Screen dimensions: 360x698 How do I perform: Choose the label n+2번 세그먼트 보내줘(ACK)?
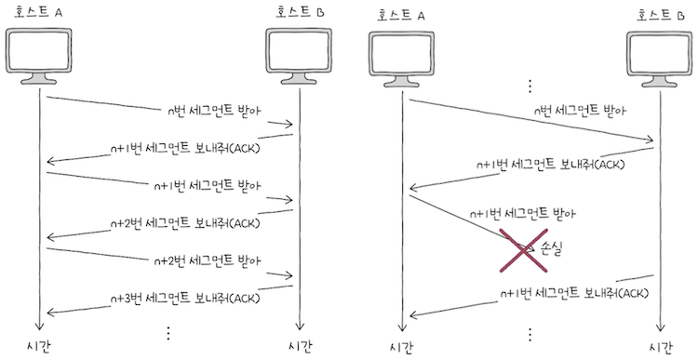[x=184, y=223]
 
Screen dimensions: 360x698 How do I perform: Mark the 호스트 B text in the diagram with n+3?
[x=299, y=12]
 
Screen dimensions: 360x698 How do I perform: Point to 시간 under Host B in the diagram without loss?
[x=302, y=346]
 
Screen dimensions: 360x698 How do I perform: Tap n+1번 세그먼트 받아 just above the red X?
[x=524, y=213]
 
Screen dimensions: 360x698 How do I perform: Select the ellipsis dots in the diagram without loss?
[x=168, y=333]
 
